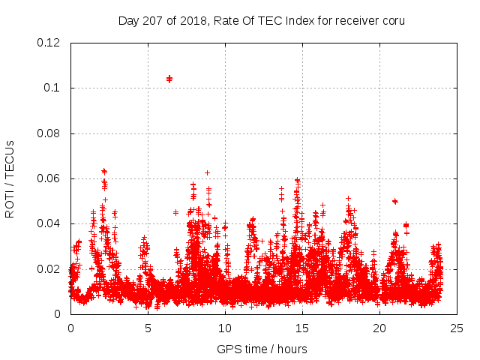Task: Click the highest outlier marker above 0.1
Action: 169,78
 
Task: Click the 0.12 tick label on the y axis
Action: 49,43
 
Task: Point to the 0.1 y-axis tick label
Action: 52,88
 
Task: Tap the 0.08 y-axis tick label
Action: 49,133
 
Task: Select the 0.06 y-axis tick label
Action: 49,178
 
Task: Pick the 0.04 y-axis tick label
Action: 49,223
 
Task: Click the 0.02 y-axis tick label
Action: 49,268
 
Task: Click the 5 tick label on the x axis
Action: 148,328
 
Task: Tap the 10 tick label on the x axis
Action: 225,328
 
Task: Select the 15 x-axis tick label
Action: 302,328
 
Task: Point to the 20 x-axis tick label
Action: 379,328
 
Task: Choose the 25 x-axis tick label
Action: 457,328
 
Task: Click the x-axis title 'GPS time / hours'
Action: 262,349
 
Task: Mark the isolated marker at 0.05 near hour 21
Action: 394,201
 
